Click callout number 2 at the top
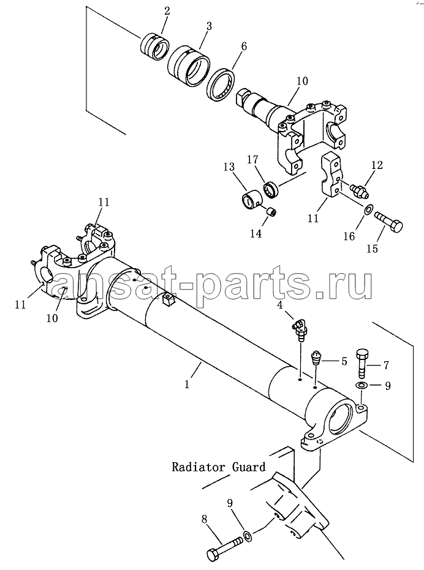click(x=167, y=11)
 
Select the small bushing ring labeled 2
click(x=154, y=47)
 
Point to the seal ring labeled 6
click(x=221, y=84)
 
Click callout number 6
click(x=243, y=46)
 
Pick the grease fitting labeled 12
click(x=359, y=190)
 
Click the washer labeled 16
click(x=368, y=209)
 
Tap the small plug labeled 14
click(x=271, y=212)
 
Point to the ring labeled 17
click(x=271, y=190)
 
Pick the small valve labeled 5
click(x=316, y=358)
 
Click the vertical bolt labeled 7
click(x=363, y=363)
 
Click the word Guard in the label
click(x=249, y=467)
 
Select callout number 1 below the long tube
click(x=187, y=384)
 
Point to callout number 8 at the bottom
click(x=204, y=519)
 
